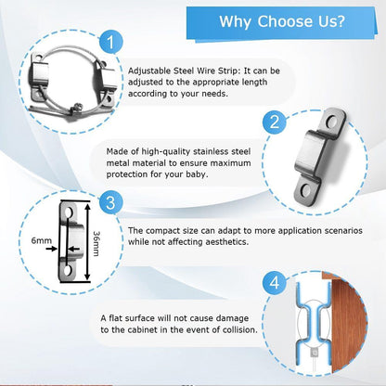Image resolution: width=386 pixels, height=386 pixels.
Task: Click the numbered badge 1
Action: pyautogui.click(x=111, y=42)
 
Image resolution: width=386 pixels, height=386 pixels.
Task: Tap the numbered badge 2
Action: pyautogui.click(x=275, y=122)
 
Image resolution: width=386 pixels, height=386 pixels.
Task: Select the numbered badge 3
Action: pyautogui.click(x=110, y=203)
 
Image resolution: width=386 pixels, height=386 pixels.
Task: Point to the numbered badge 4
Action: pyautogui.click(x=275, y=283)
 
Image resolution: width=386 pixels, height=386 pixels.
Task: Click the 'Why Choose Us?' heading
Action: pyautogui.click(x=282, y=21)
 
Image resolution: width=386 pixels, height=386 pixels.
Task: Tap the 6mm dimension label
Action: pyautogui.click(x=41, y=240)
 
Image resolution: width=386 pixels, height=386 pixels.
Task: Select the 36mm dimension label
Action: pyautogui.click(x=96, y=244)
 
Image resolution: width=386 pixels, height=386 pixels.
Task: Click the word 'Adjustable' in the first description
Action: pyautogui.click(x=149, y=71)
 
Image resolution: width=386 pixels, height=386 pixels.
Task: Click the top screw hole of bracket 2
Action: pyautogui.click(x=332, y=122)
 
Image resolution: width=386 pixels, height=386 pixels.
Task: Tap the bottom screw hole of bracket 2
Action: pyautogui.click(x=305, y=189)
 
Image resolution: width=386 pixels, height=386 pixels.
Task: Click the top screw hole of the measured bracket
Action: pyautogui.click(x=69, y=212)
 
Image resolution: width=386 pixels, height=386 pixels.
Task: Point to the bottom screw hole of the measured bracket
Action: pyautogui.click(x=68, y=270)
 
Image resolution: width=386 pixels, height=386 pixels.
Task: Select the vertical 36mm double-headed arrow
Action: pyautogui.click(x=87, y=242)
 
